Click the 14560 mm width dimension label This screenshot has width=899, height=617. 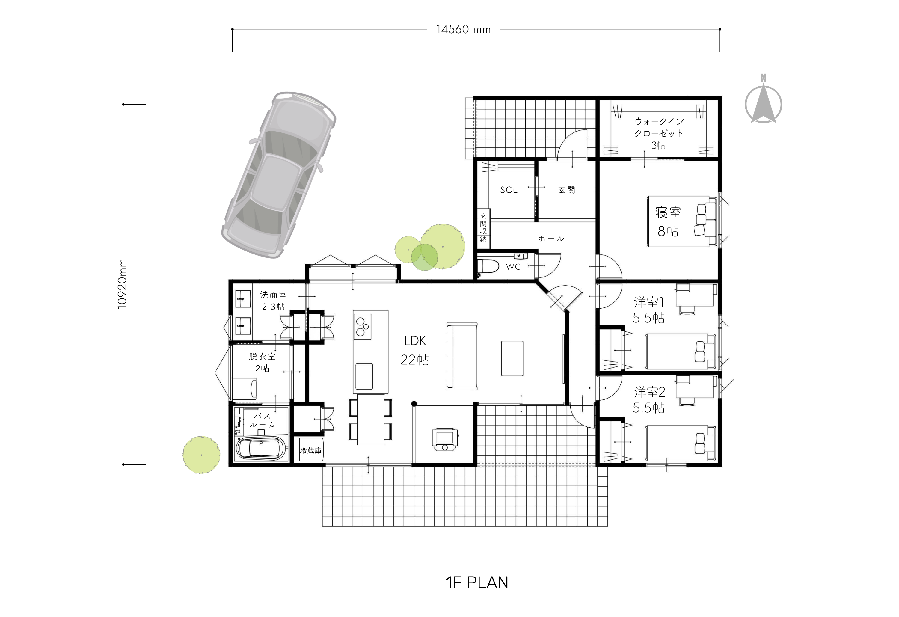tap(463, 29)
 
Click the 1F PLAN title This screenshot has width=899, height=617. tap(477, 583)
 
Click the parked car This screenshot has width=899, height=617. tap(278, 175)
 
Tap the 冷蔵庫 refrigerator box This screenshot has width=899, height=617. tap(311, 450)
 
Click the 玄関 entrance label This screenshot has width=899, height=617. tap(567, 190)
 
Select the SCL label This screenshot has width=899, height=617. tap(509, 190)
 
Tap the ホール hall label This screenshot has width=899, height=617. tap(551, 239)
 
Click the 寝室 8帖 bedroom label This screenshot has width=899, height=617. tap(668, 222)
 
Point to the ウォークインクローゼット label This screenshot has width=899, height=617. tap(659, 127)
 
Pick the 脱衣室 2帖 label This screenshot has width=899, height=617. tap(262, 362)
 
